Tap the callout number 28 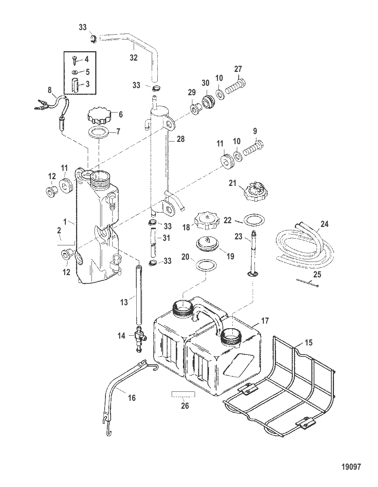click(x=181, y=139)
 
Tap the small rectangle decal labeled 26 click(x=183, y=394)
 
